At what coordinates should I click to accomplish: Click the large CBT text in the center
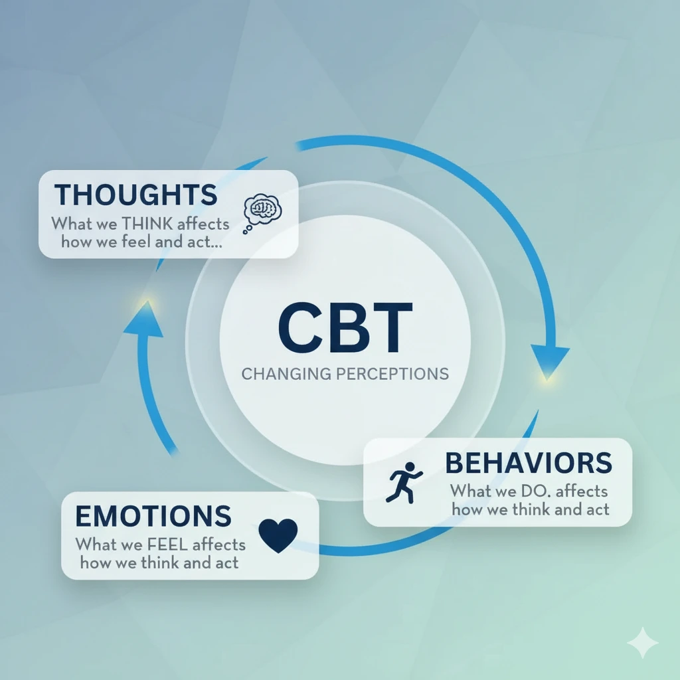345,328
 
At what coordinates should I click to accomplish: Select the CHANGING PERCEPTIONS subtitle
345,373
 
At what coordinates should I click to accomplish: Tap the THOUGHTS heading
135,195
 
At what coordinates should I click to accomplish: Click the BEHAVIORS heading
528,463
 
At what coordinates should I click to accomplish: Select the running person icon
404,482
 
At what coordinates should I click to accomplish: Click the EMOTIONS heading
153,516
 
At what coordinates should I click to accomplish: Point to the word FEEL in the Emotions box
165,545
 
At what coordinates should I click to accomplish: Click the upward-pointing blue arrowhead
144,323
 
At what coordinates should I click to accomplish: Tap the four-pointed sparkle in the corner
643,642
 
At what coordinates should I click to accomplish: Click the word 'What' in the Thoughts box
72,223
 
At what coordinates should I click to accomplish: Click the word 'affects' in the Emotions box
218,545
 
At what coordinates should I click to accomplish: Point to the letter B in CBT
345,328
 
